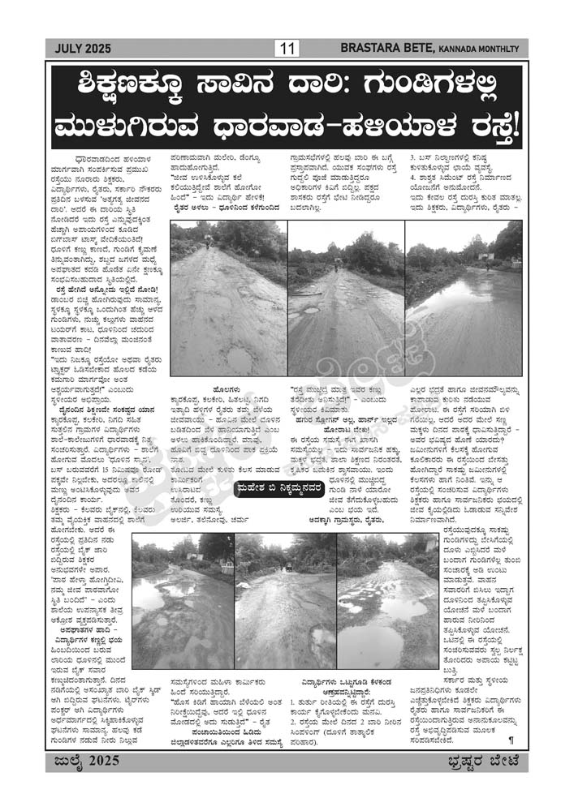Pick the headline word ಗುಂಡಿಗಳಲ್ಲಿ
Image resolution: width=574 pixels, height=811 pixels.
click(443, 88)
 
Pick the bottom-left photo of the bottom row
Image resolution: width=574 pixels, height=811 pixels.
click(182, 600)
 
